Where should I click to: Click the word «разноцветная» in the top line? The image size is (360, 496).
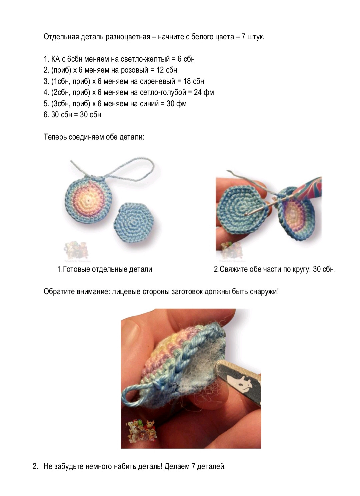click(x=128, y=37)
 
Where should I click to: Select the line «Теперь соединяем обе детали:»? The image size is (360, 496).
click(x=94, y=137)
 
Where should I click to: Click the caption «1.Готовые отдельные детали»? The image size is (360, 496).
click(x=105, y=269)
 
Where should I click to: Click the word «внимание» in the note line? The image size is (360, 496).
click(x=93, y=291)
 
